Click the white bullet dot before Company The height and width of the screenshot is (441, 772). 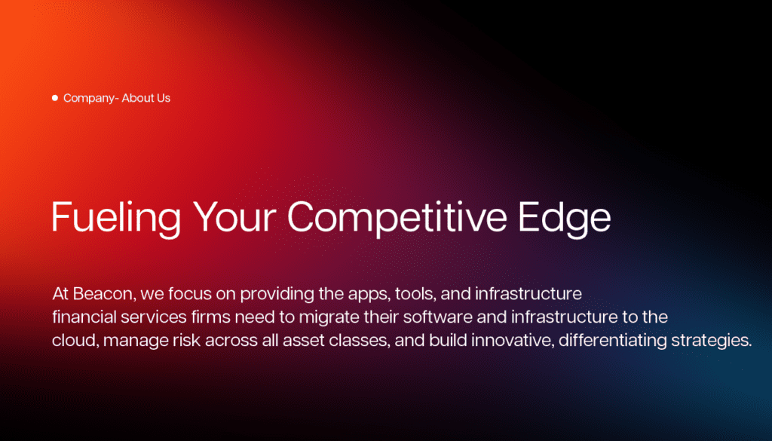click(x=54, y=98)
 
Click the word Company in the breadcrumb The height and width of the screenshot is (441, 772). click(x=89, y=99)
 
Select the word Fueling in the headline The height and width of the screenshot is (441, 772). click(x=116, y=216)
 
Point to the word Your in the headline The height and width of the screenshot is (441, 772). click(x=234, y=216)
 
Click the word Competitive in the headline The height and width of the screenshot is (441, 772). click(x=397, y=216)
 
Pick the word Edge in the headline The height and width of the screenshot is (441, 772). click(x=564, y=216)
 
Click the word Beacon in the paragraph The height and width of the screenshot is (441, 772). click(x=103, y=294)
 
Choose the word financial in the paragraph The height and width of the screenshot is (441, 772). click(x=84, y=317)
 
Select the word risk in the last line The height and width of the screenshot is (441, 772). click(x=187, y=340)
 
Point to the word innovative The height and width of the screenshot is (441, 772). click(x=512, y=340)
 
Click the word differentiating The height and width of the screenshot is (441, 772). click(x=612, y=341)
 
